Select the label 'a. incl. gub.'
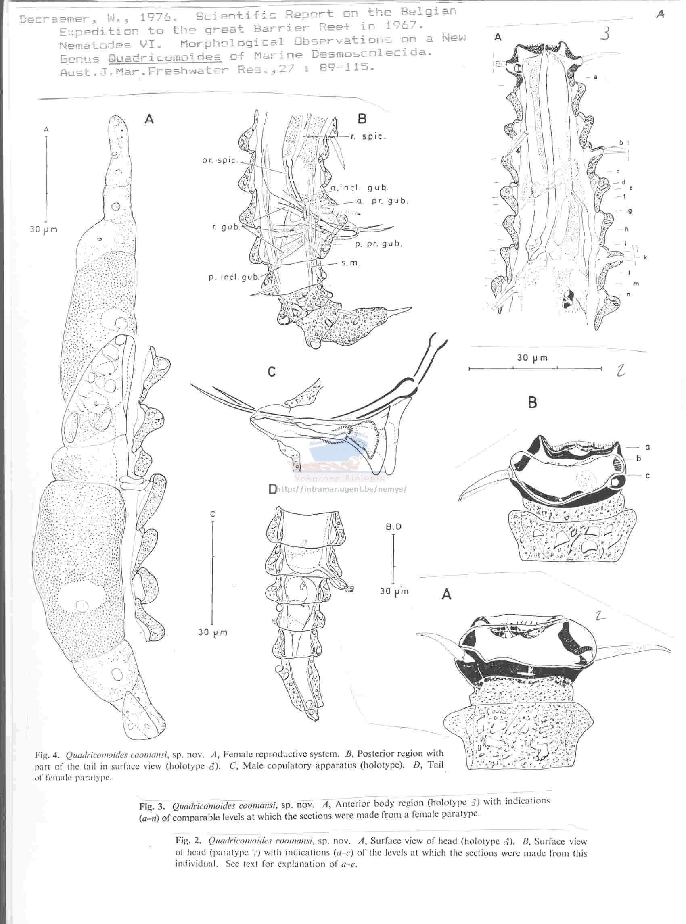click(x=360, y=188)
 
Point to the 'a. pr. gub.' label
click(x=383, y=201)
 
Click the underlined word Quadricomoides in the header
click(x=165, y=57)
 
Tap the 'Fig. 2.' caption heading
click(x=188, y=841)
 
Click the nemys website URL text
click(x=341, y=489)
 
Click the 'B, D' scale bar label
click(x=394, y=527)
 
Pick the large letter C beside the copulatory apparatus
click(x=272, y=372)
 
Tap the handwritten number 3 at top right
click(x=605, y=33)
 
